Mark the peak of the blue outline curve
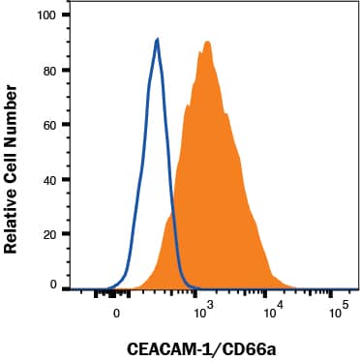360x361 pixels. click(157, 40)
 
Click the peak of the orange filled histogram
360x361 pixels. click(207, 42)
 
